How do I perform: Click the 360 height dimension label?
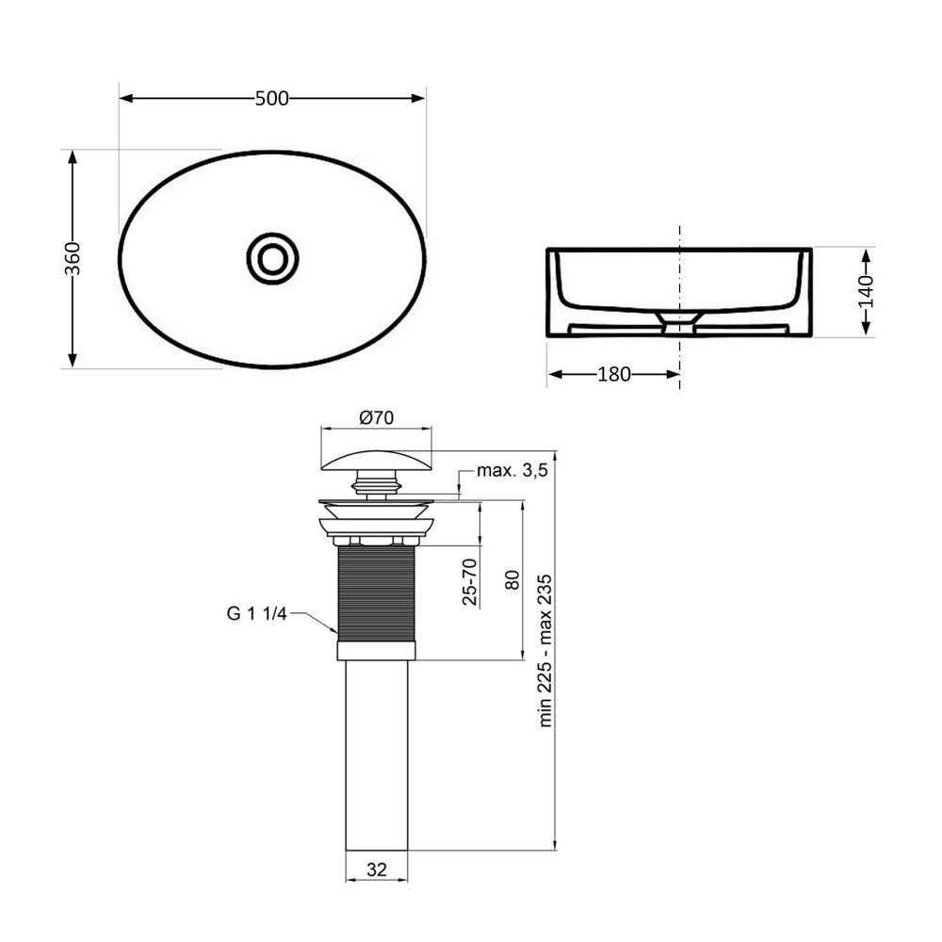73,258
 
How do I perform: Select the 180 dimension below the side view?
614,374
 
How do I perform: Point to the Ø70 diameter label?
377,416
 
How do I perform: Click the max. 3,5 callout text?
512,471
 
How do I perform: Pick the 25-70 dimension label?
472,580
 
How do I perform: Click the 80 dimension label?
512,580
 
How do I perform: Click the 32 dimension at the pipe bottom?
377,871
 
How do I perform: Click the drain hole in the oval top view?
272,257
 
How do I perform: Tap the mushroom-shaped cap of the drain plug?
377,461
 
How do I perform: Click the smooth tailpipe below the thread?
377,754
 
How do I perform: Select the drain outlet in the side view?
679,323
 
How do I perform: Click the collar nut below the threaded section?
377,650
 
